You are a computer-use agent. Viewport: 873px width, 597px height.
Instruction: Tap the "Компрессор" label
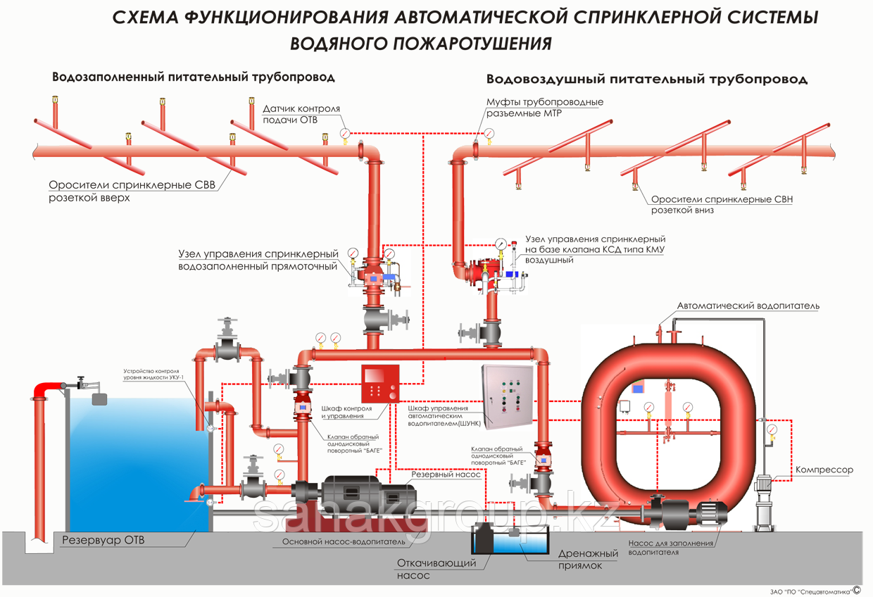coord(824,470)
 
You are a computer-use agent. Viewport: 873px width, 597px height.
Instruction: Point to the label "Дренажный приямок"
coord(588,559)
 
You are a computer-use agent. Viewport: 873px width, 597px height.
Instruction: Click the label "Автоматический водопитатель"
coord(748,306)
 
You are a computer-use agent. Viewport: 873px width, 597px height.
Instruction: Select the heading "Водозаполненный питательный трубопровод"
coord(194,77)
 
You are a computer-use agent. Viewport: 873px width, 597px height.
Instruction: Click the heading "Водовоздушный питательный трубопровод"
coord(646,80)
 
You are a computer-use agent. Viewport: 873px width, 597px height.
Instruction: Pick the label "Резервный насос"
coord(447,475)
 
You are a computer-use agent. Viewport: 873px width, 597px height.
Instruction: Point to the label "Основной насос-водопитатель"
coord(344,542)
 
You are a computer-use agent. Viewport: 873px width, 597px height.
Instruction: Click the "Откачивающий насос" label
coord(436,569)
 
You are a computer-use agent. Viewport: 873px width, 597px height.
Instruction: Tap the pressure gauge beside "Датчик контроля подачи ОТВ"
coord(344,132)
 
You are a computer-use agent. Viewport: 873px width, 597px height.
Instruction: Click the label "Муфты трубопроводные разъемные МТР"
coord(544,108)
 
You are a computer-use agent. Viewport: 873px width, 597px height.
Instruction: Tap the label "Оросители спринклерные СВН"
coord(722,199)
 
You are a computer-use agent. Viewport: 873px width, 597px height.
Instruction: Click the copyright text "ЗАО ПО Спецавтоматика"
coord(810,591)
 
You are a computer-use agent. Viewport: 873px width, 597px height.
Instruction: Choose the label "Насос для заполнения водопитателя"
coord(670,548)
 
